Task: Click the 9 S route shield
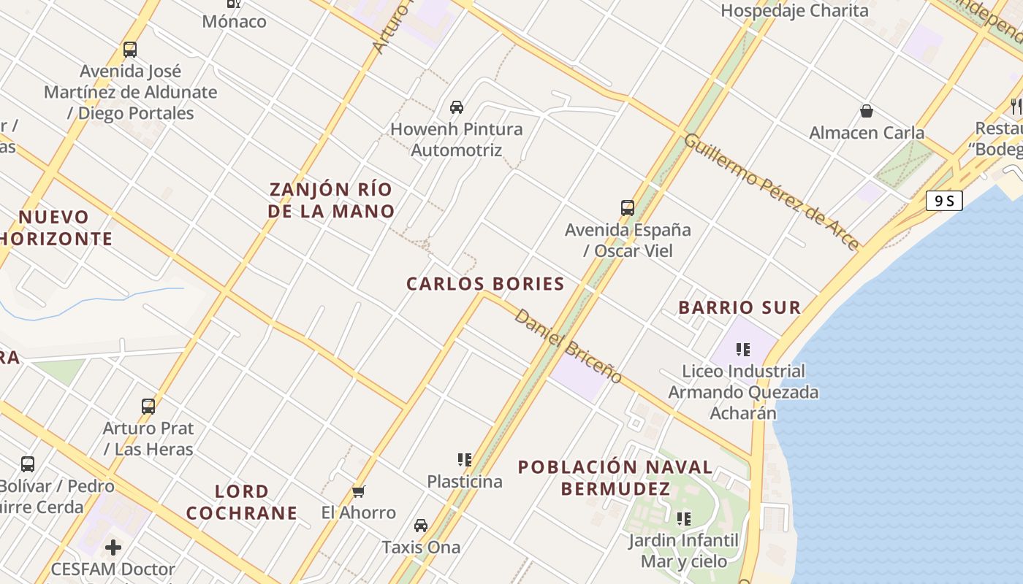944,201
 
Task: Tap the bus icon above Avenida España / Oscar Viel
628,208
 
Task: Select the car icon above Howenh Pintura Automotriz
457,107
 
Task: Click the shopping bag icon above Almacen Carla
867,111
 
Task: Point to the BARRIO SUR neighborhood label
739,307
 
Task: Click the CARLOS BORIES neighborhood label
485,284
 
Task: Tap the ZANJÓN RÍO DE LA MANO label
331,200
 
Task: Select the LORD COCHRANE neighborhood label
242,502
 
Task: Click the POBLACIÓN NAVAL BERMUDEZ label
615,477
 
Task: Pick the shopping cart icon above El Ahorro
358,491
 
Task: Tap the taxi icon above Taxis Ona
421,526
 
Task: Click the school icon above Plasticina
465,459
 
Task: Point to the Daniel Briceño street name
568,346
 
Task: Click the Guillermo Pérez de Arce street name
772,191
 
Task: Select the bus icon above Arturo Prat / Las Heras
148,407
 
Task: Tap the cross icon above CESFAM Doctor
113,547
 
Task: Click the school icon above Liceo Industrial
743,350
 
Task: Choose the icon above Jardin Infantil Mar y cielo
684,519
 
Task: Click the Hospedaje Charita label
794,10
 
